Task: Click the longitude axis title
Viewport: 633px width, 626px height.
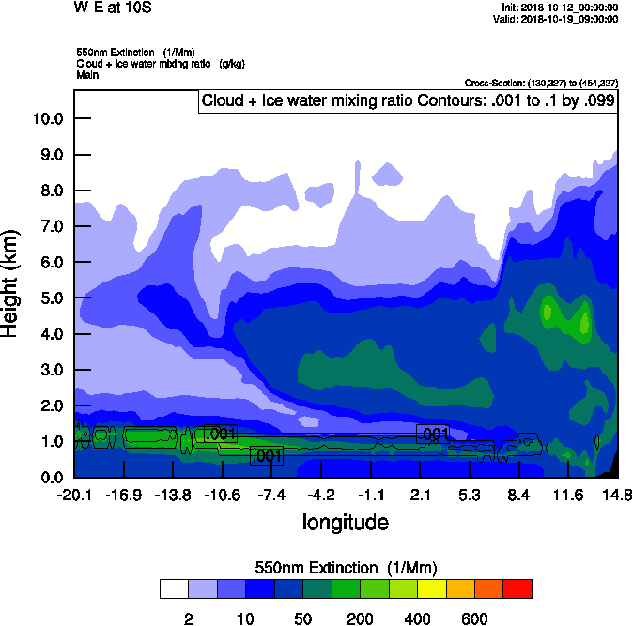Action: pyautogui.click(x=345, y=521)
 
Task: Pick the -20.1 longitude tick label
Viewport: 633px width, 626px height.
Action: pyautogui.click(x=73, y=495)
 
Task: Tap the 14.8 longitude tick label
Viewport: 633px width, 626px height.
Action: pyautogui.click(x=617, y=495)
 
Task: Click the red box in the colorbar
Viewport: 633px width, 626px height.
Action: pyautogui.click(x=517, y=588)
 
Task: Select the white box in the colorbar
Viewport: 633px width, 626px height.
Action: pyautogui.click(x=174, y=588)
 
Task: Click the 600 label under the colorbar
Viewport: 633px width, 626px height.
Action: pyautogui.click(x=474, y=618)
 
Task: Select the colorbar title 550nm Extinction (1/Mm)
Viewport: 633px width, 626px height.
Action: pyautogui.click(x=346, y=567)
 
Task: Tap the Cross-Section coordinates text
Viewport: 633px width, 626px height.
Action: pyautogui.click(x=541, y=83)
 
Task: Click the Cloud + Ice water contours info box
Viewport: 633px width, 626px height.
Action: pyautogui.click(x=409, y=101)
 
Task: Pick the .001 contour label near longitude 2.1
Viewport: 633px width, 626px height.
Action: pyautogui.click(x=433, y=434)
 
